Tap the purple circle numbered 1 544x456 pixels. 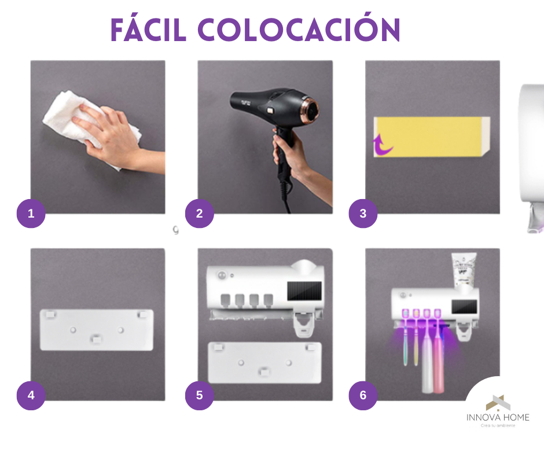(31, 214)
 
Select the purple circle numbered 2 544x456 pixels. (199, 214)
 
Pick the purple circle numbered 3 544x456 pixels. (363, 214)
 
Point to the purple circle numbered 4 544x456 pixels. (31, 395)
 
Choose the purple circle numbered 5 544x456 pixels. (199, 395)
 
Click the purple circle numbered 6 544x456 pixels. (363, 395)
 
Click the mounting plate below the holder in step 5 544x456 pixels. (264, 362)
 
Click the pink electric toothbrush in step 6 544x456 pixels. (438, 362)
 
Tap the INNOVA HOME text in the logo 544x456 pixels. (498, 417)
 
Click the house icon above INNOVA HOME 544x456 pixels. (497, 402)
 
